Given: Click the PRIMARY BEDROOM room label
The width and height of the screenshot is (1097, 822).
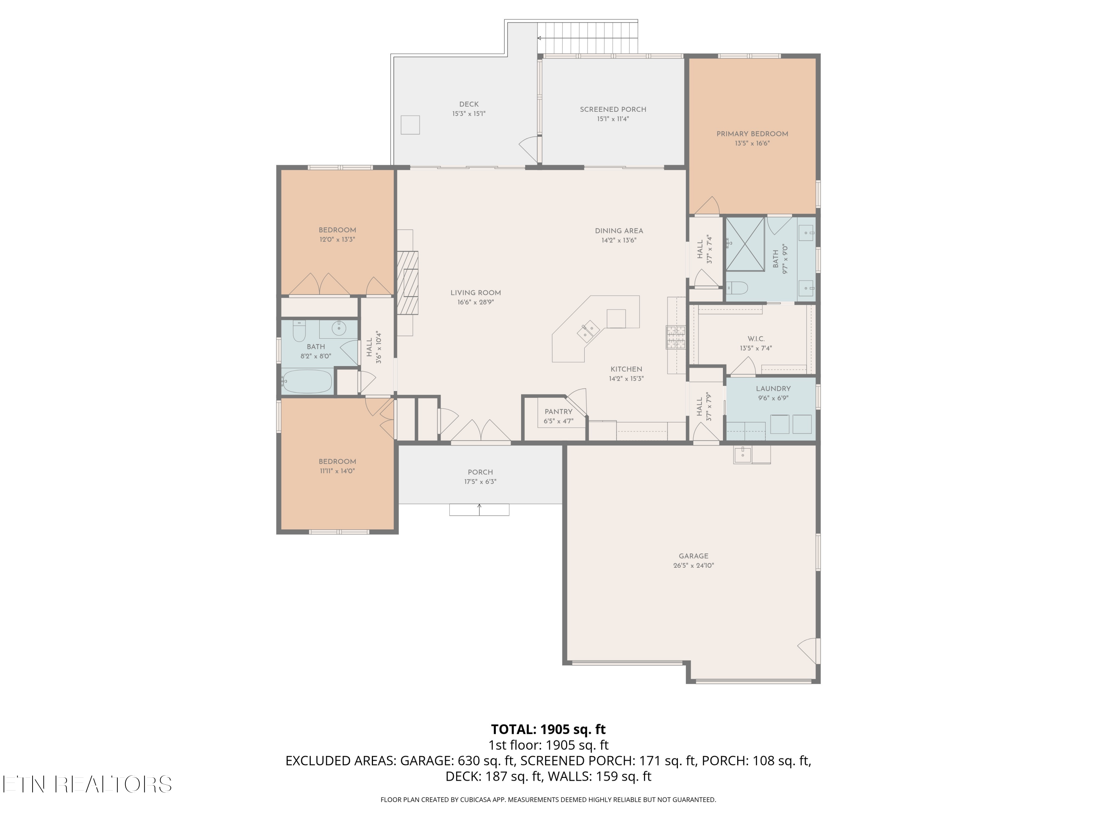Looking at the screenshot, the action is point(752,134).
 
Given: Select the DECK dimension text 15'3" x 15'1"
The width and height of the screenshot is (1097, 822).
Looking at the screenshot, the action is point(469,114).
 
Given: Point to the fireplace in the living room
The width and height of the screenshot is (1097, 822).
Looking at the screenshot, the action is point(407,282).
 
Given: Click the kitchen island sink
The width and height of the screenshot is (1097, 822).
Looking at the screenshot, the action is point(588,331).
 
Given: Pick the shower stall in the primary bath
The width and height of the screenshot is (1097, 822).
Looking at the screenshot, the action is point(745,244).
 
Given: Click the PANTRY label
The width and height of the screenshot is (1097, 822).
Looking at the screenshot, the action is point(558,412).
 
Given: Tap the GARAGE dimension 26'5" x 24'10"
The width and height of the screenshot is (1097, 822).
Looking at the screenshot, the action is point(693,565).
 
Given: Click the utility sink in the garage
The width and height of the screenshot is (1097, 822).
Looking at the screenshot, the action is point(743,454).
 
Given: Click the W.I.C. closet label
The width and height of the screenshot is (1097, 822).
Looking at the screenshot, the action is point(756,339).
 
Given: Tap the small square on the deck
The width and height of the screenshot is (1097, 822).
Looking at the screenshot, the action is point(411,125).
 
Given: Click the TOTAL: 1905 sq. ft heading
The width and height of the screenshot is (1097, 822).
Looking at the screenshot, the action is point(548,729).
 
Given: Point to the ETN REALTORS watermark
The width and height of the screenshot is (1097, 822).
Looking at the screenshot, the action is point(87,784).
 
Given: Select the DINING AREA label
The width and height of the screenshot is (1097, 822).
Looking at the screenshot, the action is point(619,231).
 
